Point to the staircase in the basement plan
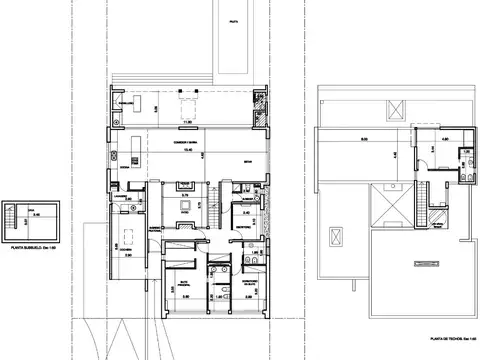[12, 213]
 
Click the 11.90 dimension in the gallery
[187, 123]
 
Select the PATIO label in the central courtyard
[185, 209]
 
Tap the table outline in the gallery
[188, 106]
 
